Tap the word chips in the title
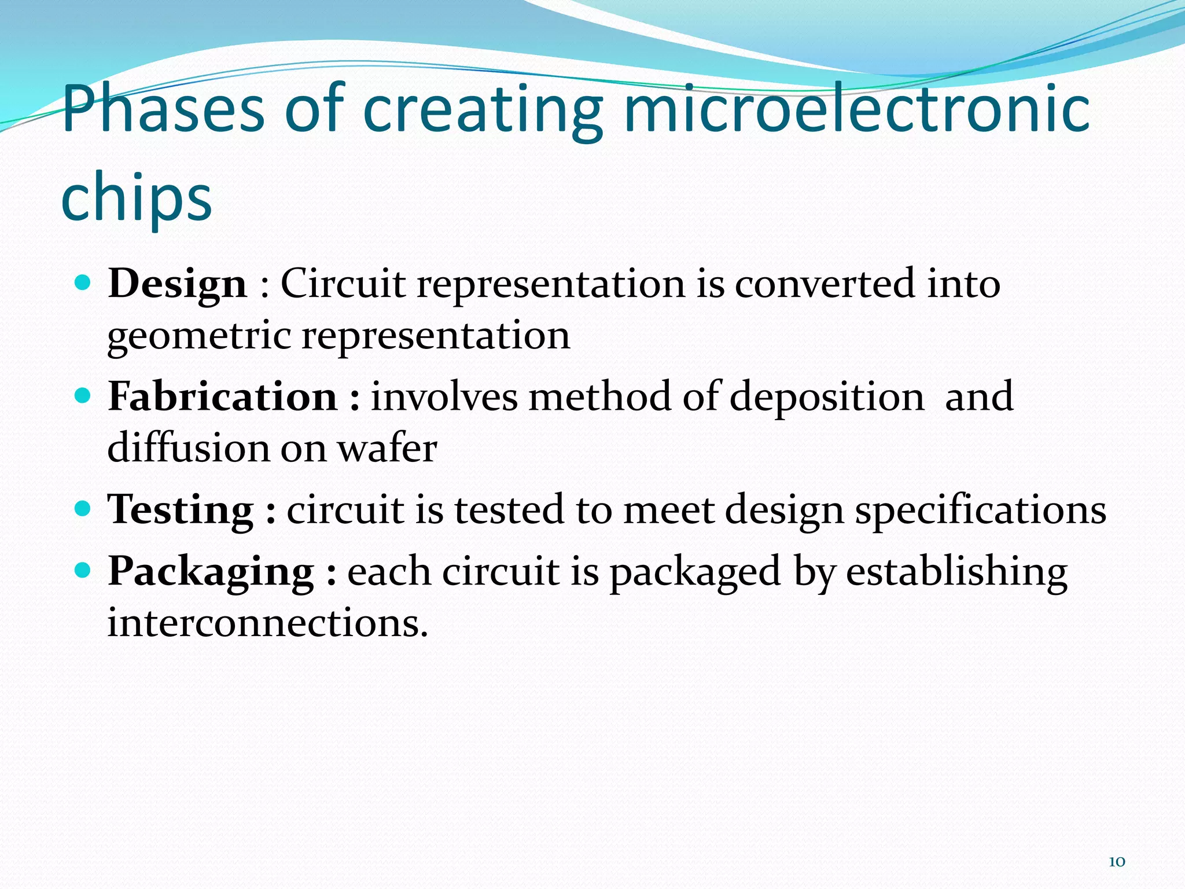137,198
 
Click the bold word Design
178,284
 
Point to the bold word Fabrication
223,397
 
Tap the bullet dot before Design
84,283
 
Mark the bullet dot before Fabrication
84,396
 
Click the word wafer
387,449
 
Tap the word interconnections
268,623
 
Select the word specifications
981,510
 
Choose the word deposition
827,397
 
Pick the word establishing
956,572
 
